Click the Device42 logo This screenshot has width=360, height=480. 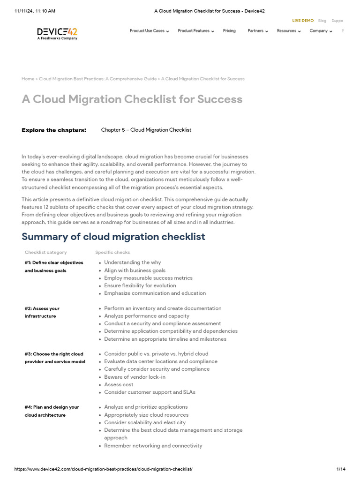pyautogui.click(x=57, y=33)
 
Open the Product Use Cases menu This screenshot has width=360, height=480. pyautogui.click(x=149, y=31)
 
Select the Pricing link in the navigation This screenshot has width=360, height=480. pyautogui.click(x=229, y=31)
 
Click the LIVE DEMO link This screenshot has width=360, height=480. pyautogui.click(x=303, y=21)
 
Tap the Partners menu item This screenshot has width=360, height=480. pyautogui.click(x=257, y=31)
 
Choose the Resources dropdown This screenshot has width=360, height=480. pyautogui.click(x=288, y=31)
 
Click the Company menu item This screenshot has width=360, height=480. pyautogui.click(x=321, y=31)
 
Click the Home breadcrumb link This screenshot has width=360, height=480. pyautogui.click(x=28, y=79)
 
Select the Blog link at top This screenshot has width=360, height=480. pyautogui.click(x=322, y=21)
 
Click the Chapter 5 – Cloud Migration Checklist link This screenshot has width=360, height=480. pyautogui.click(x=146, y=130)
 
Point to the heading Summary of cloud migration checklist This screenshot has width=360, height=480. pyautogui.click(x=113, y=237)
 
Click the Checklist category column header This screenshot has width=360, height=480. pyautogui.click(x=45, y=252)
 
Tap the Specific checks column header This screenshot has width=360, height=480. pyautogui.click(x=112, y=252)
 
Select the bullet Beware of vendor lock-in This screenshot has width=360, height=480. pyautogui.click(x=135, y=377)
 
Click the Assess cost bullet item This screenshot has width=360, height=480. pyautogui.click(x=119, y=384)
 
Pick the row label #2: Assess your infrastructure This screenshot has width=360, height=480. pyautogui.click(x=42, y=312)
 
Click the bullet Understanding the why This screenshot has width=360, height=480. pyautogui.click(x=132, y=262)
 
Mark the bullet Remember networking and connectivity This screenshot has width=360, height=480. pyautogui.click(x=153, y=446)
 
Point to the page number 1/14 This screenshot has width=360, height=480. pyautogui.click(x=340, y=469)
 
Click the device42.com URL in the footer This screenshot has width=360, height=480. pyautogui.click(x=104, y=469)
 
